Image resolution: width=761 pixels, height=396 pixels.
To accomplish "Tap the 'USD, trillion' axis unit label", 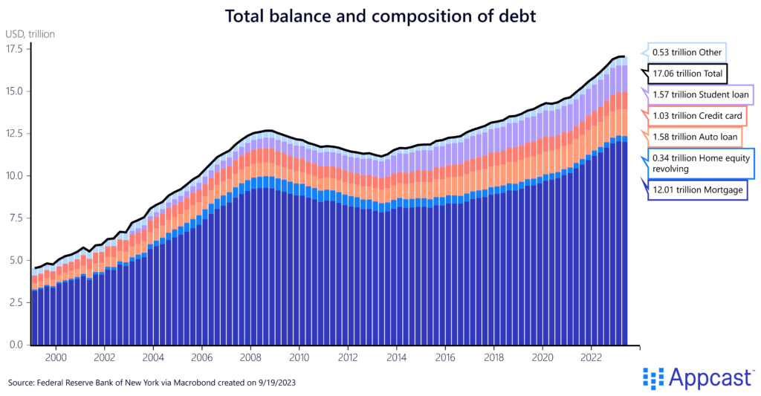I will point(30,33).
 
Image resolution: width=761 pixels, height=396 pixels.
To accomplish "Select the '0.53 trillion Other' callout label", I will point(687,53).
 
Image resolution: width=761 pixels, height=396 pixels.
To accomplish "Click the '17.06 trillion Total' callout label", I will point(687,74).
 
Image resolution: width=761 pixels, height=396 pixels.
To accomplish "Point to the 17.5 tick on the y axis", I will point(15,49).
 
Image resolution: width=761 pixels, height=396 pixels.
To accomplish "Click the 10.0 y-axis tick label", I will point(15,176).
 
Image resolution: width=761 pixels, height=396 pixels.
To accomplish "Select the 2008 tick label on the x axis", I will point(250,357).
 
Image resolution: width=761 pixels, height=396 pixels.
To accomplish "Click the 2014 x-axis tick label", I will point(396,357).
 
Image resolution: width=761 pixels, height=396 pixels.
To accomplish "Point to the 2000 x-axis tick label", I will point(56,357).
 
